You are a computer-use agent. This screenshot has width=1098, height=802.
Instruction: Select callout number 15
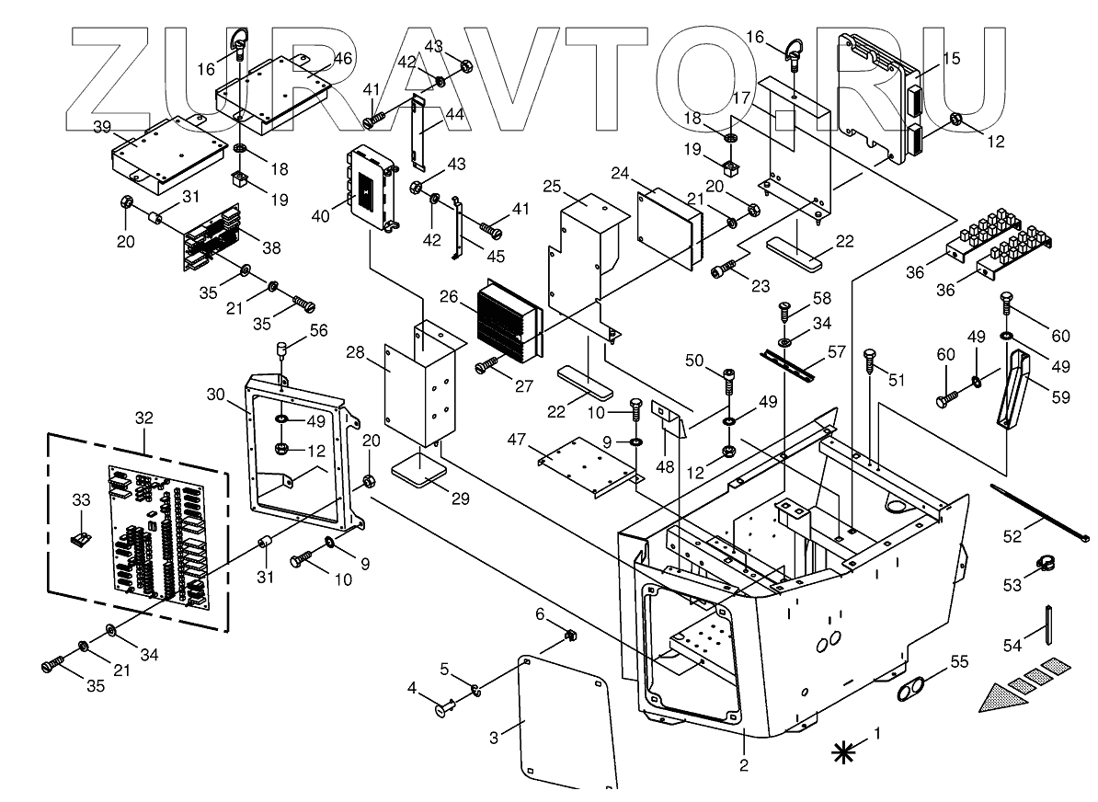point(951,58)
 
